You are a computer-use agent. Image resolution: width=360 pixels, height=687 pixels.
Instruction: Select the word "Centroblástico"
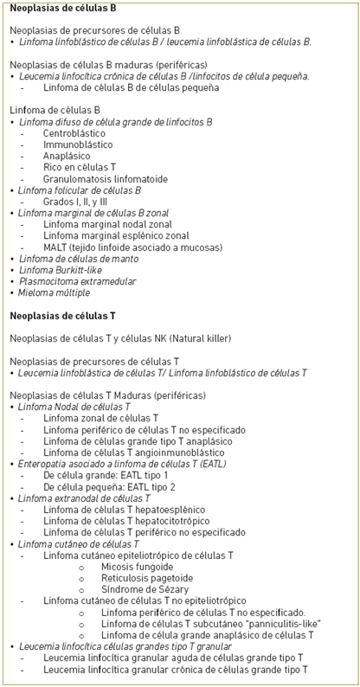click(x=74, y=133)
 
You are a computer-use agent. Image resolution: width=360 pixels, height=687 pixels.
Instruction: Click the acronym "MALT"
click(x=56, y=247)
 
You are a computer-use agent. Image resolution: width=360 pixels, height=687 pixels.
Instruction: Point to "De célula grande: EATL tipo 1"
click(x=106, y=475)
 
